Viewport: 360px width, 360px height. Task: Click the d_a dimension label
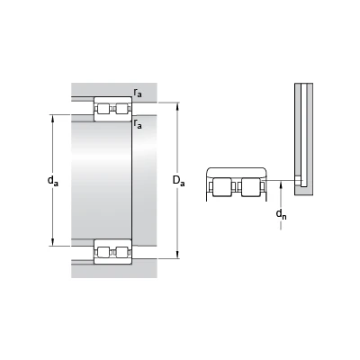53,181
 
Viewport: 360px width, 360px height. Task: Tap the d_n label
281,214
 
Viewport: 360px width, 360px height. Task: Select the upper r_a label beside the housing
138,93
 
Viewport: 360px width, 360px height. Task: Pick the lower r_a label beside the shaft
138,124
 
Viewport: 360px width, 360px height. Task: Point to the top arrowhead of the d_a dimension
53,119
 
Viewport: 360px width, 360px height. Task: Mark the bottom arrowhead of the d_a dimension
53,242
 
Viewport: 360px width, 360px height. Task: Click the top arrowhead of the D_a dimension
178,106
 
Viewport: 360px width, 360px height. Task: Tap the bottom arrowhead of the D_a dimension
178,255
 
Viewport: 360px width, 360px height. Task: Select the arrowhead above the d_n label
281,184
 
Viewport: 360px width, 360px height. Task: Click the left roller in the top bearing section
103,109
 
